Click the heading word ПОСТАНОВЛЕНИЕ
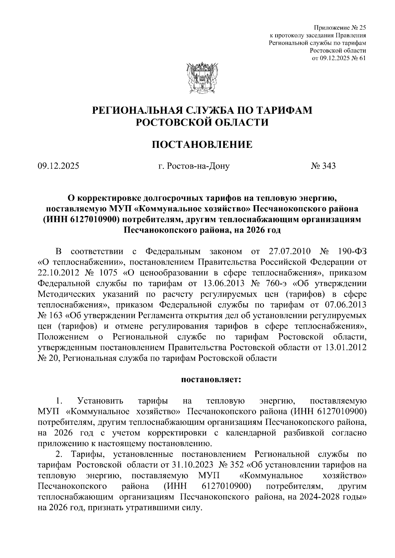click(202, 145)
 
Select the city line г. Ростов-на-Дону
click(194, 166)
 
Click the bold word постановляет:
click(211, 380)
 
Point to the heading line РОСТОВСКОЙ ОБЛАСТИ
click(202, 123)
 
